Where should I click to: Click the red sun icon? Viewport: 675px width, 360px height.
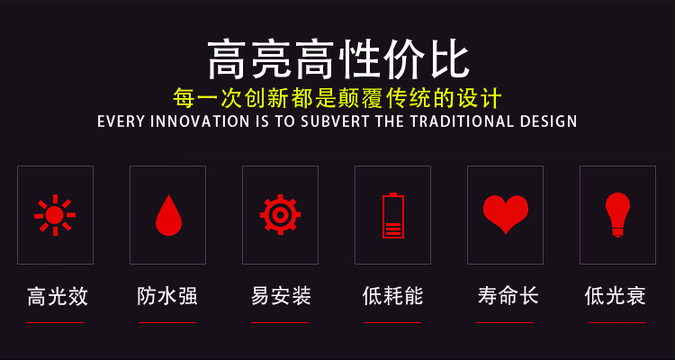55,215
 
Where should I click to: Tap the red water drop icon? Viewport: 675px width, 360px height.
168,215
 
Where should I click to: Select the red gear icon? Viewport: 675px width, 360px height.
280,214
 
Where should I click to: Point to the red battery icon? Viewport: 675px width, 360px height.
393,215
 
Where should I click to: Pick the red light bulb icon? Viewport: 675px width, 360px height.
617,214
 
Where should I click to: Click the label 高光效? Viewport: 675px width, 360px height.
58,297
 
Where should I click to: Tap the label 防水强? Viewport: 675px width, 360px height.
167,297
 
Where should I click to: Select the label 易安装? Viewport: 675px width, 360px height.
281,297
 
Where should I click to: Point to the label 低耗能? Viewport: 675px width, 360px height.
392,297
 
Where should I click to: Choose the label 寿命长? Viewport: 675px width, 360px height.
508,297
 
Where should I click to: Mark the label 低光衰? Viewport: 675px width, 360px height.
616,297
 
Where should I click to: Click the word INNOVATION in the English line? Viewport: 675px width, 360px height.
199,121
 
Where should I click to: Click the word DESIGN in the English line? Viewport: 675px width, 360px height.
548,121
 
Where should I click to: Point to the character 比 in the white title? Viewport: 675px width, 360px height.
447,59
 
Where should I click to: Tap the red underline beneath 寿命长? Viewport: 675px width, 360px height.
505,322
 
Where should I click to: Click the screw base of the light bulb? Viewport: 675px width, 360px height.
617,232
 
